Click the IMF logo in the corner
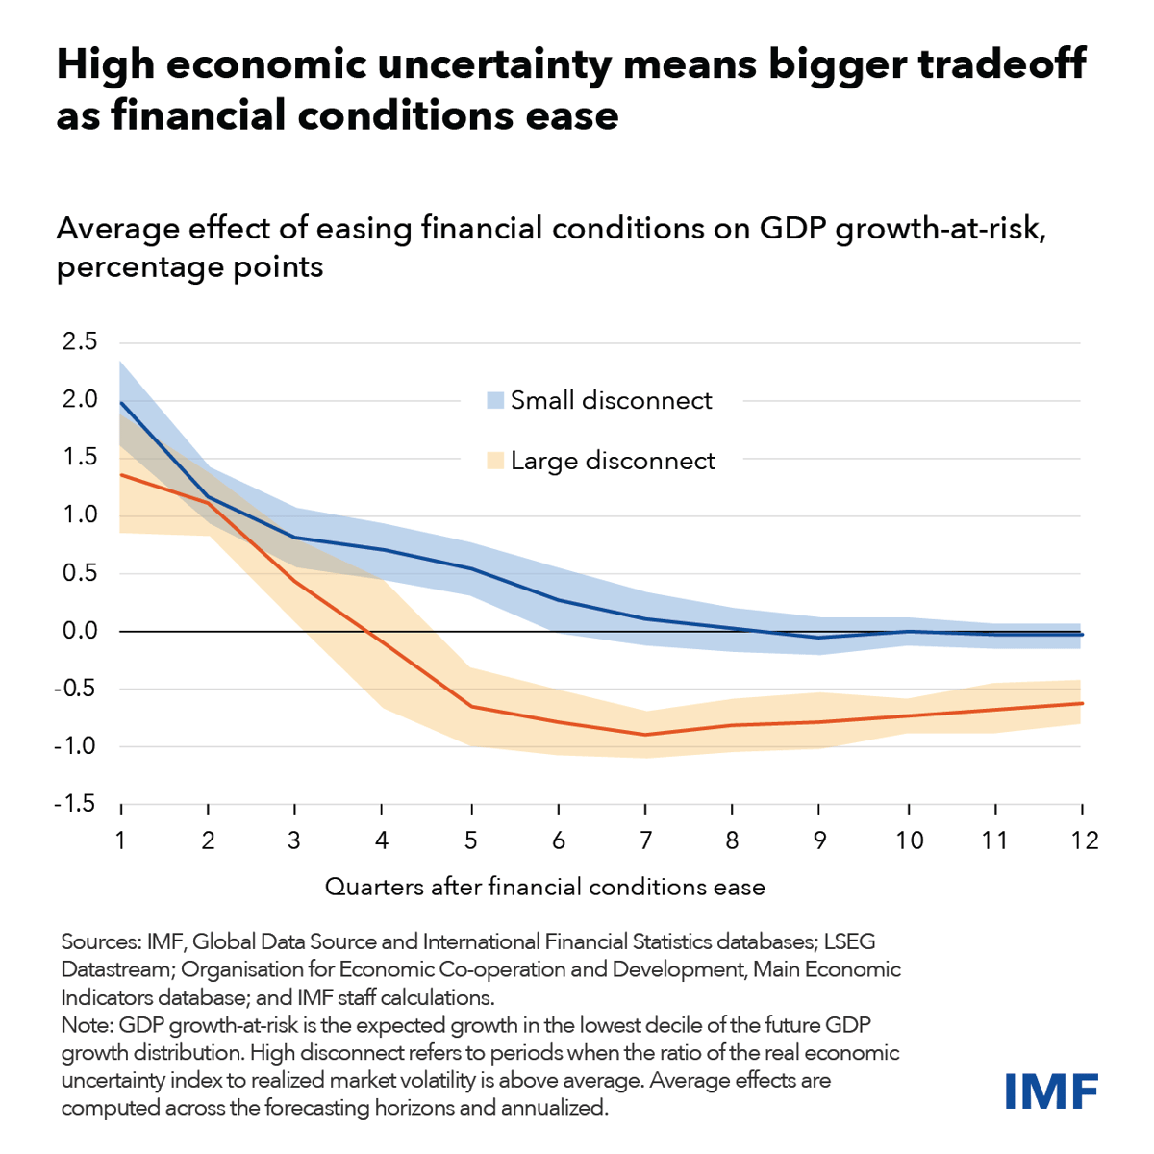[1051, 1091]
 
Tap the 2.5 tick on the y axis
[79, 341]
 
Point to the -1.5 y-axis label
[74, 804]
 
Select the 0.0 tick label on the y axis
[79, 631]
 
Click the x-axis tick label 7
[645, 840]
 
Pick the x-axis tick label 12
[1084, 840]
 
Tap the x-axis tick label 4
[382, 840]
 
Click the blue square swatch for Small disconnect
[495, 401]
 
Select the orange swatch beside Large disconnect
[495, 462]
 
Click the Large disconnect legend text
[613, 462]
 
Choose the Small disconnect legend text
[611, 401]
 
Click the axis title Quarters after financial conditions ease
[544, 887]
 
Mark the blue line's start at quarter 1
[121, 402]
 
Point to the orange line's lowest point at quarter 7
[645, 735]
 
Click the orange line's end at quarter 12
[1082, 703]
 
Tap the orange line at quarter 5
[470, 707]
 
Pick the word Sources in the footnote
[100, 941]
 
